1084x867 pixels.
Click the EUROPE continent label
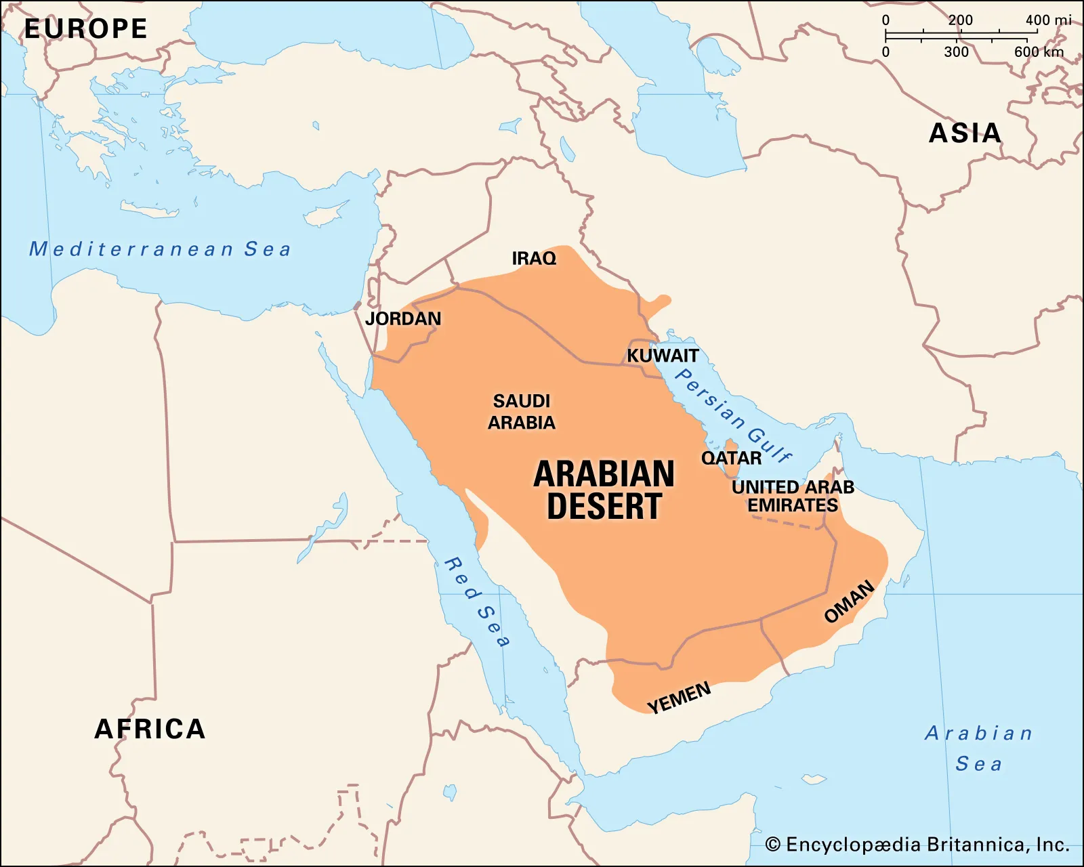tap(86, 28)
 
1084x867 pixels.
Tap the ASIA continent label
tap(965, 133)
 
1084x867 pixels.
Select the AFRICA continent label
tap(150, 729)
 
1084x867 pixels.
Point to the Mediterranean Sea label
tap(160, 249)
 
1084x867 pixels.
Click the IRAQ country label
tap(534, 258)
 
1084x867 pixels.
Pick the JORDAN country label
tap(403, 318)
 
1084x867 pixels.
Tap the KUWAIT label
tap(662, 356)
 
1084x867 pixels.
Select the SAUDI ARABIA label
tap(522, 412)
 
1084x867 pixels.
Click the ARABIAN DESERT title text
tap(604, 490)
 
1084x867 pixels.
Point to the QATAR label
tap(731, 458)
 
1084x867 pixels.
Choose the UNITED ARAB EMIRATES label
tap(793, 496)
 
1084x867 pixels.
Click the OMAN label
tap(849, 601)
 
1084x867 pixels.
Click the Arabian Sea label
tap(978, 748)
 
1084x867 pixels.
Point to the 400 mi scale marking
tap(1047, 20)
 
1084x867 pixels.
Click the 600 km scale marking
tap(1039, 52)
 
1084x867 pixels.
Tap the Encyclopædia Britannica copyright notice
tap(917, 845)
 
